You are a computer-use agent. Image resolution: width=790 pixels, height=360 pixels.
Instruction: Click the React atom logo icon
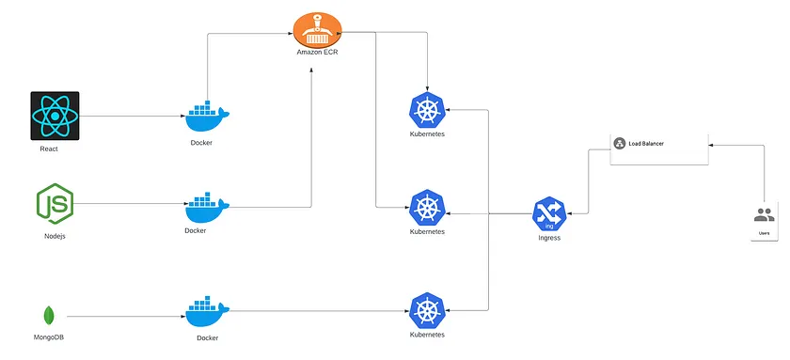tap(55, 116)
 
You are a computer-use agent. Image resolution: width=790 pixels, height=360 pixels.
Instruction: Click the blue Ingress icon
tap(548, 214)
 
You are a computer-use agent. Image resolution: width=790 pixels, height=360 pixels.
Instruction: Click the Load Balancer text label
tap(655, 144)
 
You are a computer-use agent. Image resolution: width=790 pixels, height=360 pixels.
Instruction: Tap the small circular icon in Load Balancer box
tap(620, 144)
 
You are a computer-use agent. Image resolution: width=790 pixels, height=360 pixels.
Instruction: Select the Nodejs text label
tap(55, 236)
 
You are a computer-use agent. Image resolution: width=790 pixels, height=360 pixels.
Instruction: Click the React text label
tap(49, 149)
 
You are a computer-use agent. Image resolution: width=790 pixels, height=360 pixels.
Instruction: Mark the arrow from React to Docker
tap(132, 117)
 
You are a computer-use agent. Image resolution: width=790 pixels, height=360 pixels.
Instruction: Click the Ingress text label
tap(548, 238)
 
